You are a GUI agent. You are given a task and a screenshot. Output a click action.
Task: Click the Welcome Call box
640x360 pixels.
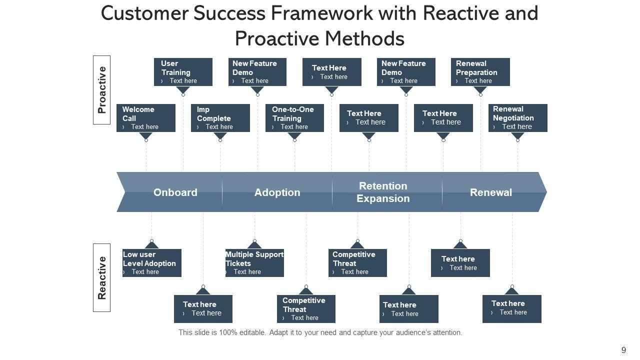[x=145, y=117]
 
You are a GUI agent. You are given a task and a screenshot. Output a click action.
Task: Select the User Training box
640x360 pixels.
[x=183, y=72]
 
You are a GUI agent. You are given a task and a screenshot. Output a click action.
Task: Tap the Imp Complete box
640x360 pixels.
[x=220, y=117]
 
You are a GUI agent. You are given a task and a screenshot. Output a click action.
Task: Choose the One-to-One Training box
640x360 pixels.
[x=294, y=117]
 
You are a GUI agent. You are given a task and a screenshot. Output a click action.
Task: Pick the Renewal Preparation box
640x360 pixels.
[x=480, y=72]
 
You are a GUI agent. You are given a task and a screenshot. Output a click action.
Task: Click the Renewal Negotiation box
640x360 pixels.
[x=517, y=117]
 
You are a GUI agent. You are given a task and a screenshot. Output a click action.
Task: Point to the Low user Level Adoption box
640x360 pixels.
[x=151, y=263]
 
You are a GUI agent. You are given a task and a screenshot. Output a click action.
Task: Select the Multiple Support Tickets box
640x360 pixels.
[x=254, y=263]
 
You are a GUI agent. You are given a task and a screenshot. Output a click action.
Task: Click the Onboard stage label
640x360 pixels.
[x=175, y=192]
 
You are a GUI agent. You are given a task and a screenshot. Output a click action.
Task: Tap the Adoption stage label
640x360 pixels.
[x=277, y=192]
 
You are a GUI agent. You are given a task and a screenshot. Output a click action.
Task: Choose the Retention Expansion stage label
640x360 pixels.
[x=383, y=192]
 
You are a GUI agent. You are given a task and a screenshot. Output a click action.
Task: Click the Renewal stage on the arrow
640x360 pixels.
[x=491, y=192]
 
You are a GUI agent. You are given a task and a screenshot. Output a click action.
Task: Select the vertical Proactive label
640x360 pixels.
[x=101, y=90]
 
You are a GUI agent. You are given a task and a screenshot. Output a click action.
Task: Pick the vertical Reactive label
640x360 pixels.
[x=101, y=277]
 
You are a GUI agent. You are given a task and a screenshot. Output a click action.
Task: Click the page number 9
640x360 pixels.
[x=623, y=350]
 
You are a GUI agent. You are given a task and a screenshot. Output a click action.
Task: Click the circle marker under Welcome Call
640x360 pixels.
[x=146, y=140]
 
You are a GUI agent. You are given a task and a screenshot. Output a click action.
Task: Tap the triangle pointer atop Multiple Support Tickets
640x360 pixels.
[x=254, y=245]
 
